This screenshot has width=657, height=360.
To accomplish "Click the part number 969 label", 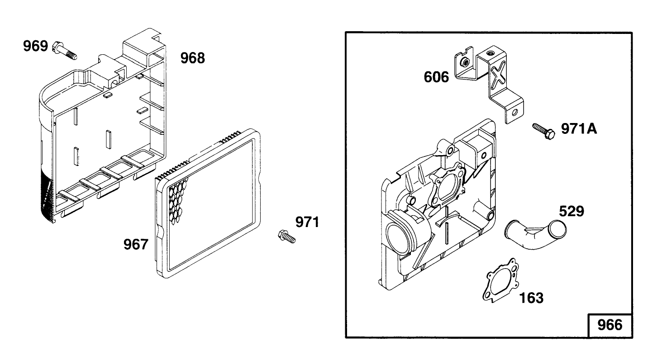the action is click(35, 46).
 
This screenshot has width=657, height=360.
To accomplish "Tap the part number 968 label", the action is click(192, 58).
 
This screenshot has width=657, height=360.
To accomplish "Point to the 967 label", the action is click(136, 244).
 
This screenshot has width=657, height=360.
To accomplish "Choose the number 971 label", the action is click(307, 222).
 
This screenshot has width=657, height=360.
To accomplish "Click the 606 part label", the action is click(436, 77).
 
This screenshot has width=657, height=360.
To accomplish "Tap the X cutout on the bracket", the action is click(498, 75).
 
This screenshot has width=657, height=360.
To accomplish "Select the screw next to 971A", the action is click(543, 131).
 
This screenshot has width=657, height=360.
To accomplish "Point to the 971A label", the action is click(579, 129).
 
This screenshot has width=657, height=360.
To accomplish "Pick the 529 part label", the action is click(571, 211).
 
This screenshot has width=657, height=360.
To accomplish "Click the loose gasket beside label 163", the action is click(501, 279).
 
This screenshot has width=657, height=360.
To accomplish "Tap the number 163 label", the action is click(531, 298).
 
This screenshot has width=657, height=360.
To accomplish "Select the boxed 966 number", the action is click(610, 325).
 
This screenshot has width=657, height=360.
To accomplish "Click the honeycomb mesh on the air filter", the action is click(178, 199).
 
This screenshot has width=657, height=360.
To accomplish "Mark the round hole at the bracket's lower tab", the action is click(514, 112).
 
